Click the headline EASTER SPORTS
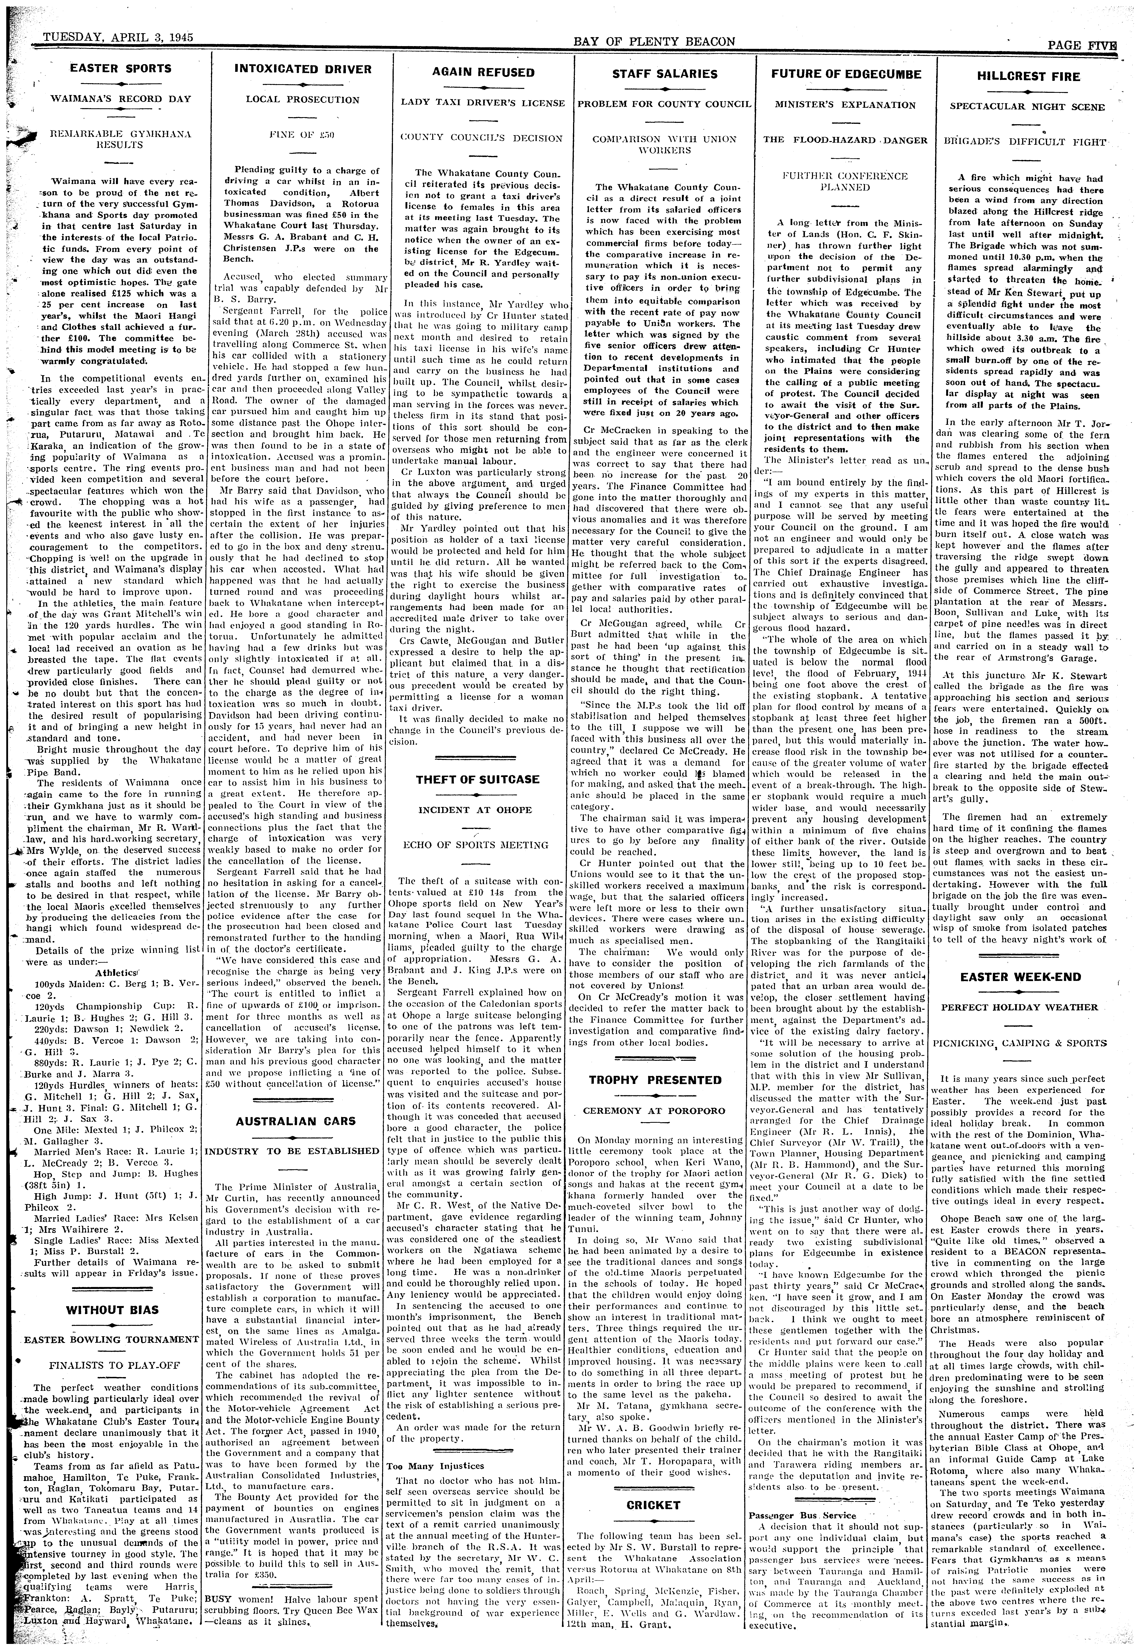[x=120, y=68]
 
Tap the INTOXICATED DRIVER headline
[x=303, y=69]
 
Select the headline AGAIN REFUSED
[x=484, y=72]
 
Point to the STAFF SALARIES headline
[x=664, y=74]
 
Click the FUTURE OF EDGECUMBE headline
[x=847, y=74]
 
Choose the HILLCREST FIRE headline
[x=1027, y=77]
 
